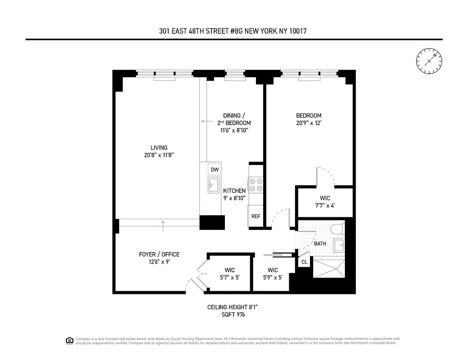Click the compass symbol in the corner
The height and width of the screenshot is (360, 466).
pos(429,61)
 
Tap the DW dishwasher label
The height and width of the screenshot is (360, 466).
pos(215,170)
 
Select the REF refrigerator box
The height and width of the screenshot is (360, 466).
pos(255,216)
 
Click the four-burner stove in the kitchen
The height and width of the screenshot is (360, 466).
pos(256,184)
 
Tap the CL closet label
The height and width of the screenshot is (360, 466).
pos(305,261)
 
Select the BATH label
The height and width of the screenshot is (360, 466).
pos(320,244)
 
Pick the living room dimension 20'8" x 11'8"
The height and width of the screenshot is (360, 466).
pos(156,155)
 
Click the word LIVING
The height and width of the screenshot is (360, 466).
pos(159,148)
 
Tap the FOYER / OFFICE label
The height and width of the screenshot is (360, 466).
pos(159,255)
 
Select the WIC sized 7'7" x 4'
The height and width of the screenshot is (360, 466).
pos(325,202)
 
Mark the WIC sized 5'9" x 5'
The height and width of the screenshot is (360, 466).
pos(273,274)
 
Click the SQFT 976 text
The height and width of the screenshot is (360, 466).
pos(233,315)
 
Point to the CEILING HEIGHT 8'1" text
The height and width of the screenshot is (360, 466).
pos(233,307)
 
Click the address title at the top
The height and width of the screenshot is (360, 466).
pos(233,31)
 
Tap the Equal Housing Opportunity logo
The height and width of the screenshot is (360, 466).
pos(69,340)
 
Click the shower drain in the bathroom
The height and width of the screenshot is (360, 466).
pos(335,269)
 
